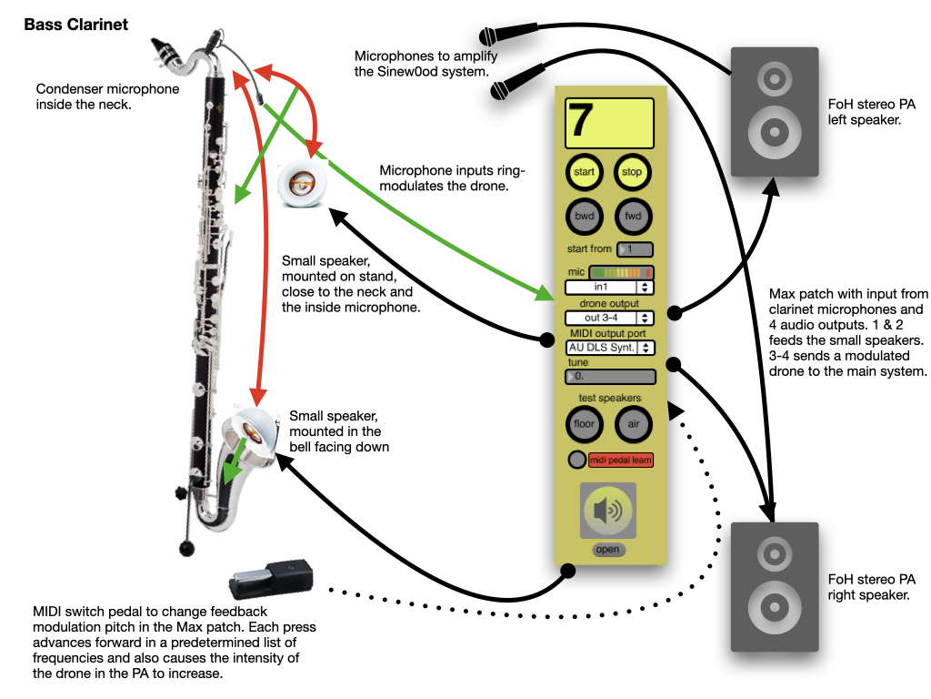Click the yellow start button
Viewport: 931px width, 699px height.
coord(585,172)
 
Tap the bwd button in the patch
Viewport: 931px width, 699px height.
coord(585,217)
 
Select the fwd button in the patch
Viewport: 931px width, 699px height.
coord(632,217)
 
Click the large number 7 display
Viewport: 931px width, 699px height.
coord(609,123)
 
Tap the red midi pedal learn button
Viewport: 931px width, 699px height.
coord(621,460)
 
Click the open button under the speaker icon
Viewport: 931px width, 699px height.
coord(607,549)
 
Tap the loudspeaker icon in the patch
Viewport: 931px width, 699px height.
coord(608,512)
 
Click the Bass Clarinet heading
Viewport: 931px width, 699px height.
coord(76,25)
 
